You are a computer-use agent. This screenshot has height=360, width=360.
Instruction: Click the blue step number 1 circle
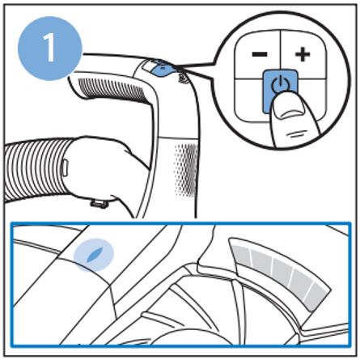click(x=50, y=49)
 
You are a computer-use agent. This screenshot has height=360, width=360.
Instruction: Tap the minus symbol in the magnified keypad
click(x=260, y=54)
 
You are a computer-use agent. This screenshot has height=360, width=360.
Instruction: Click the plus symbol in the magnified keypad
click(x=303, y=55)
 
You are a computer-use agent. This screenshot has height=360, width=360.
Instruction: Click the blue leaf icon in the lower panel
click(x=94, y=255)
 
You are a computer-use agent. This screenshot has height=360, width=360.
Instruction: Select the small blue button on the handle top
click(x=161, y=70)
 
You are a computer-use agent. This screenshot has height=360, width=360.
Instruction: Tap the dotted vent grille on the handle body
click(x=186, y=169)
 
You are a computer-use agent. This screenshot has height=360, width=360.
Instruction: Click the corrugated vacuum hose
click(x=35, y=170)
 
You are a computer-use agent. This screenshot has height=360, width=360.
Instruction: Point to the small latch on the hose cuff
click(x=65, y=167)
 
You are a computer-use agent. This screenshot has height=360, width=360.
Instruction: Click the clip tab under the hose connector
click(x=98, y=203)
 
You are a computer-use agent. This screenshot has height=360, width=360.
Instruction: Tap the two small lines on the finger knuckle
click(x=294, y=133)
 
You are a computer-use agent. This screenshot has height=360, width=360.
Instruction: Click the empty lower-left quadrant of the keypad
click(x=248, y=100)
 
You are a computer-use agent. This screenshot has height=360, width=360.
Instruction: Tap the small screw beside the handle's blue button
click(x=182, y=78)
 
